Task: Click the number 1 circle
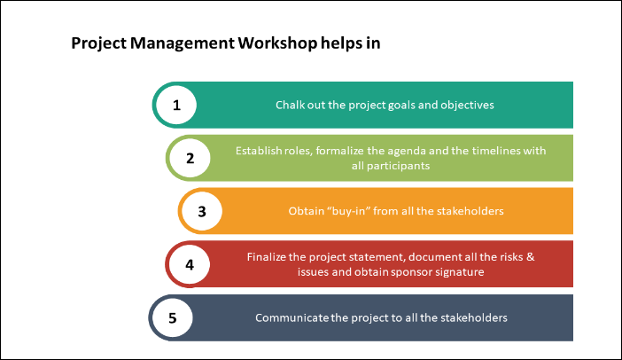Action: [176, 105]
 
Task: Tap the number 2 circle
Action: [190, 159]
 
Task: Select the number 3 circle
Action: [202, 211]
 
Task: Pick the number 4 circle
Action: [190, 264]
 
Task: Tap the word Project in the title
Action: [98, 43]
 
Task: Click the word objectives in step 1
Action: [465, 105]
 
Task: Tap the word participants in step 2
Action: [400, 166]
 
